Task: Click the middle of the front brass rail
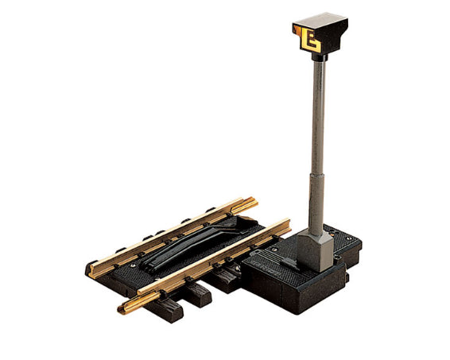pyautogui.click(x=203, y=266)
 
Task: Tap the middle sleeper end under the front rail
pyautogui.click(x=199, y=295)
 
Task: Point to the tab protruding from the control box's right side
pyautogui.click(x=354, y=257)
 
